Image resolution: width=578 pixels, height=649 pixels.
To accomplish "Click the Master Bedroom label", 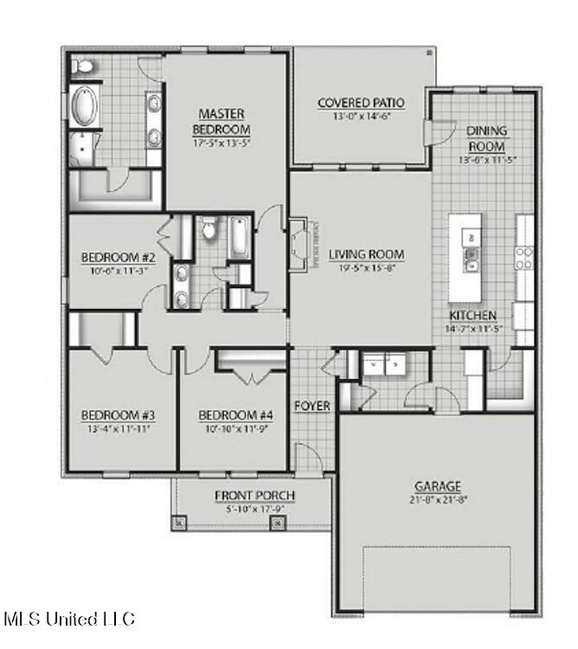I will [x=222, y=121].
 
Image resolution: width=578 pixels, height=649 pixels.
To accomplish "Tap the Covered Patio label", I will [x=361, y=103].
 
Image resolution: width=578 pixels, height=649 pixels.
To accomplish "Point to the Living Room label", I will [x=366, y=254].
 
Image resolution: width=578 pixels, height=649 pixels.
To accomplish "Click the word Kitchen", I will [x=472, y=316].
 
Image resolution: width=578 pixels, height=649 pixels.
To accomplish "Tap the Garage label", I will [x=437, y=486].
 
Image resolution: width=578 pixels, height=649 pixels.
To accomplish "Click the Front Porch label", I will [x=254, y=495].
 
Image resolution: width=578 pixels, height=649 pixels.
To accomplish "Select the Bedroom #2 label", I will [x=118, y=257].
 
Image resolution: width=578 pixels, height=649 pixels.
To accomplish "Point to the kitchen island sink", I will [x=472, y=254].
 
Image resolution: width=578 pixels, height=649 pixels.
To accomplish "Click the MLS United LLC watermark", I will [x=70, y=619].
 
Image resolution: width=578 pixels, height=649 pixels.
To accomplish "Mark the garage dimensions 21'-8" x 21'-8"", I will [x=437, y=499].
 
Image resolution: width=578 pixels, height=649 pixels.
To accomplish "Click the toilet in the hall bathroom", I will [x=208, y=229].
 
